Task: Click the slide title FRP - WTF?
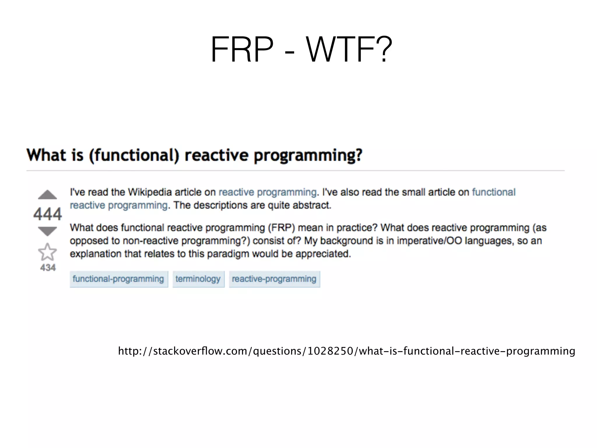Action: coord(301,49)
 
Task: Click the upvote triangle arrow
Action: coord(47,195)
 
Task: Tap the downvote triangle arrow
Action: coord(47,231)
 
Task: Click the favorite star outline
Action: coord(47,252)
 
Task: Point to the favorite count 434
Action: coord(48,267)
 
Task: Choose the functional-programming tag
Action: coord(118,279)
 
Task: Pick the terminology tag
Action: coord(198,279)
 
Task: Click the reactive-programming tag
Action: coord(274,279)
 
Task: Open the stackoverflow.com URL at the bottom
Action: coord(346,351)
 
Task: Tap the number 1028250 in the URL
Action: coord(330,351)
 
